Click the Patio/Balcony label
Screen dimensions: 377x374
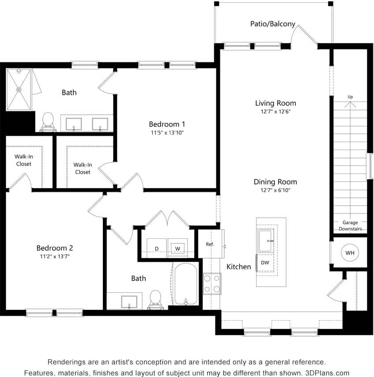pos(272,24)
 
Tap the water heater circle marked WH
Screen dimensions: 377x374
pos(350,253)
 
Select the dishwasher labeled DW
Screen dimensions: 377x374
pos(265,263)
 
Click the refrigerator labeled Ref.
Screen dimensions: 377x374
pos(210,244)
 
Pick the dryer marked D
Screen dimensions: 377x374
pos(156,249)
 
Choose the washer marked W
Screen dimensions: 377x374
pos(178,249)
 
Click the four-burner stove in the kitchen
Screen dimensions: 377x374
pos(212,284)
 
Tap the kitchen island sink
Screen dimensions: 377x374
pos(265,241)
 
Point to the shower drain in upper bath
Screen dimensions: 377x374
pos(19,89)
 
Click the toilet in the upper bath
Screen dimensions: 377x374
pos(48,121)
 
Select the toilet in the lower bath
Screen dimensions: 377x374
pos(155,298)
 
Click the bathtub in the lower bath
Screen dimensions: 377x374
pos(185,284)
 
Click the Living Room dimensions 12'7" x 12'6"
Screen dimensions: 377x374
pos(276,112)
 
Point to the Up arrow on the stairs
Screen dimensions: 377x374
pos(350,104)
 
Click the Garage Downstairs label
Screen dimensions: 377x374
pos(350,226)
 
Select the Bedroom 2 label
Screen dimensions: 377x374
pos(54,248)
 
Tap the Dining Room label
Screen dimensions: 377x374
pos(275,181)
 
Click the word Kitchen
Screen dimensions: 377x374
pos(238,267)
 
